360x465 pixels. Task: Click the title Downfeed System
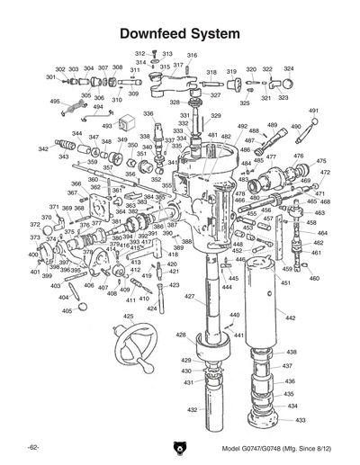click(x=179, y=33)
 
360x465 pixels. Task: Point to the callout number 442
click(x=290, y=318)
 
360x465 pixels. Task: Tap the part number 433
click(x=301, y=420)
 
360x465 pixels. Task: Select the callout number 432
click(x=192, y=409)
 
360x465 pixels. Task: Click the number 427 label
click(x=190, y=296)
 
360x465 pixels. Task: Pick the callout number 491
click(x=314, y=111)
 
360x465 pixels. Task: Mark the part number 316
click(x=192, y=56)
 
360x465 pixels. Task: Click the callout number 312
click(x=140, y=53)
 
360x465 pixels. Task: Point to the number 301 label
click(x=50, y=77)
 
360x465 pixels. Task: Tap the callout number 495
click(x=55, y=102)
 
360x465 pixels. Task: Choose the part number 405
click(x=67, y=310)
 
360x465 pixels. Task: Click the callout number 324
click(x=289, y=68)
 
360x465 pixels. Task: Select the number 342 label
click(x=43, y=148)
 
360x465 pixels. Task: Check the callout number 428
click(x=182, y=335)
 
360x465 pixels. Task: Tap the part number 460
click(x=314, y=278)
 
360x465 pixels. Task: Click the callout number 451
click(x=284, y=283)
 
